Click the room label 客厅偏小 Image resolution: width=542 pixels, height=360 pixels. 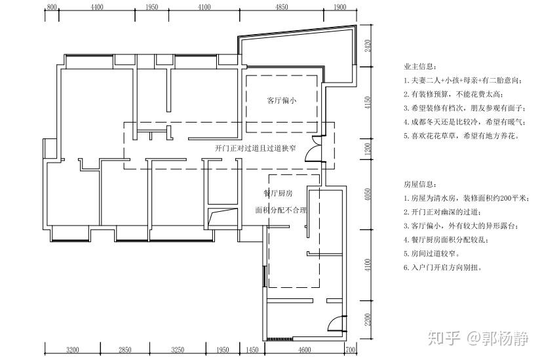point(282,101)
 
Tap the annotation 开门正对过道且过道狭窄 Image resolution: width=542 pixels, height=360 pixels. point(256,149)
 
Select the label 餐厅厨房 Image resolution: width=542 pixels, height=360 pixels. point(278,193)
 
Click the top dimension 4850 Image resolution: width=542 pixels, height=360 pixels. point(281,7)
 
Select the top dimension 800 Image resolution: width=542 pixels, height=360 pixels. point(53,7)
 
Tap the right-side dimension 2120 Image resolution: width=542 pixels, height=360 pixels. point(368,45)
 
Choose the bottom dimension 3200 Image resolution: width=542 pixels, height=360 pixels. point(72,350)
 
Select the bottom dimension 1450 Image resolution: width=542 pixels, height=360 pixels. point(253,350)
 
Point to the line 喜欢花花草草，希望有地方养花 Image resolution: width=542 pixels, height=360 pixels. point(462,136)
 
